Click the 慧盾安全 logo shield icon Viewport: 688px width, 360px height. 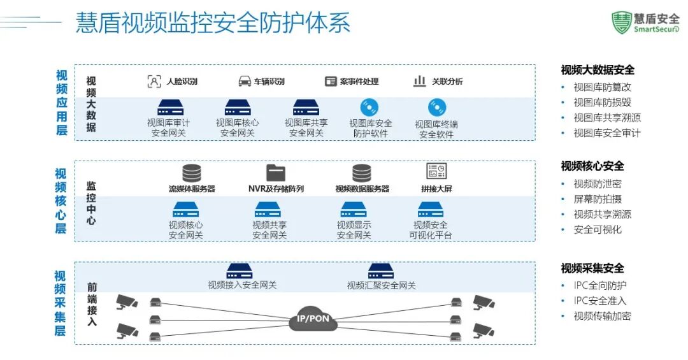621,22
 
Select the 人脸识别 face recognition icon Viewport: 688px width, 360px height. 154,82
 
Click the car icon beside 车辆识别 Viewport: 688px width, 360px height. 245,82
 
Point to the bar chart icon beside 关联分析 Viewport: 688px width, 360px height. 420,82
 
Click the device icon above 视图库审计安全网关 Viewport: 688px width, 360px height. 170,108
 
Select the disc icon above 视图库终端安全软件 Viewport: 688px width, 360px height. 436,108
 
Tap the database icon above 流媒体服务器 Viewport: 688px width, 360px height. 191,173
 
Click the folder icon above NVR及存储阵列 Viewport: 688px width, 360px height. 276,173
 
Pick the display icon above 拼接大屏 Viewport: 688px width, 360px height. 436,172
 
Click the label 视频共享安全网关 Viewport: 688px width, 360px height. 269,230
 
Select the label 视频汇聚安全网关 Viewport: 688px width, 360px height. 381,285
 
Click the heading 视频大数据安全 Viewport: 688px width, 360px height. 598,70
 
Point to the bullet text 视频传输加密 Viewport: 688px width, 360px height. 602,316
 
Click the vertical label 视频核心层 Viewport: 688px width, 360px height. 61,201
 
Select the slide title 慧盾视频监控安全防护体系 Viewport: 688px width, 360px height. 213,23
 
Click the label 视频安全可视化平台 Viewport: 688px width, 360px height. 431,230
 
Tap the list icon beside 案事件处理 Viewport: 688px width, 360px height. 331,82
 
